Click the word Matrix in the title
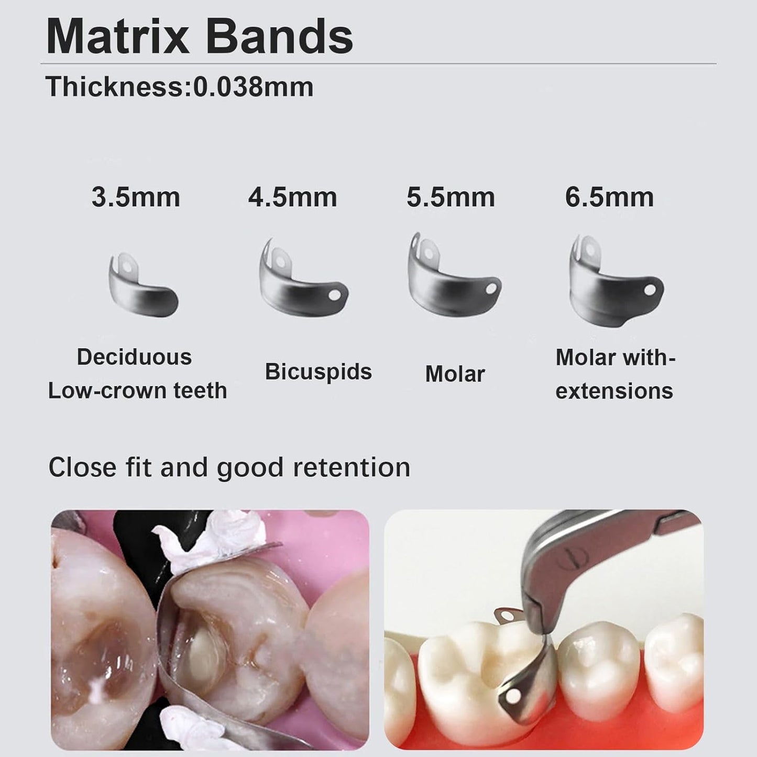click(117, 37)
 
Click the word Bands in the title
click(278, 37)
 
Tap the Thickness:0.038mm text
click(179, 87)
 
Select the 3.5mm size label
click(136, 198)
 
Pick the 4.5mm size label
click(292, 198)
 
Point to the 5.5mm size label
click(451, 198)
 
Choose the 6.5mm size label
click(609, 198)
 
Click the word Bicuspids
click(318, 372)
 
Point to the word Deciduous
click(134, 357)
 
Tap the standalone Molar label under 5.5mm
click(455, 374)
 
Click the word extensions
click(614, 391)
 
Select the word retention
click(351, 467)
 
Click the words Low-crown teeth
click(137, 391)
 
